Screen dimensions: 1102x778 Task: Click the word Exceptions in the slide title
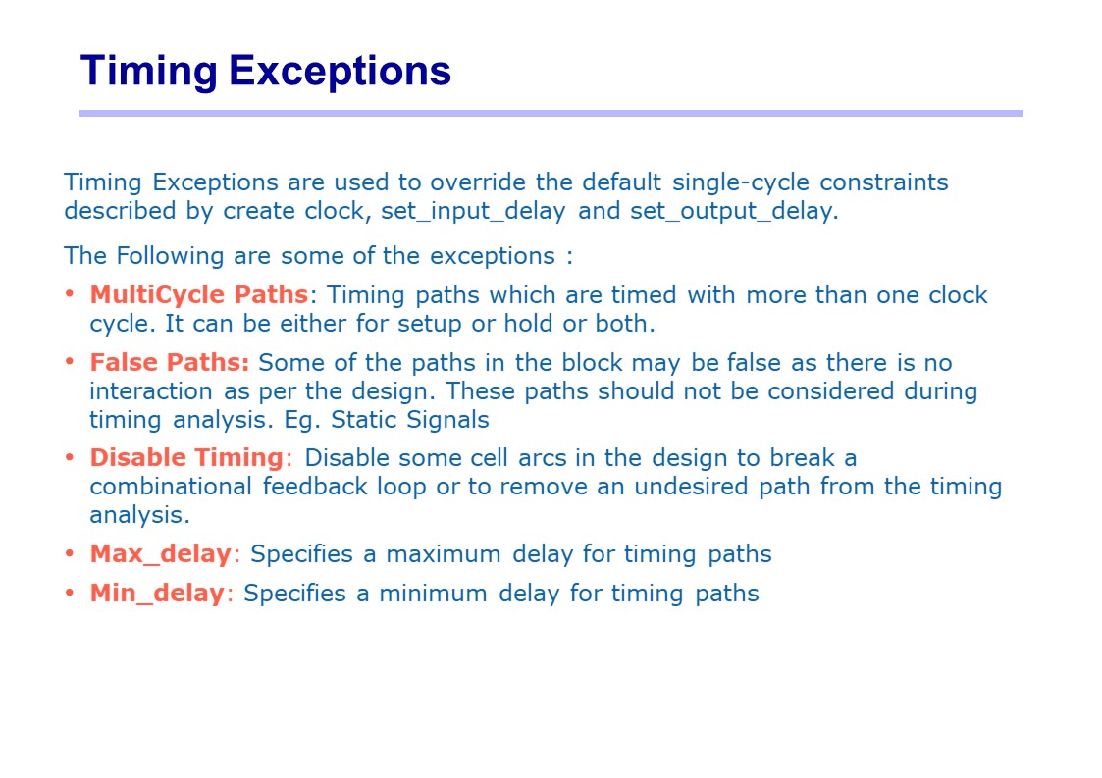click(x=340, y=71)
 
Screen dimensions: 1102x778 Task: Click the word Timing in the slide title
click(x=149, y=71)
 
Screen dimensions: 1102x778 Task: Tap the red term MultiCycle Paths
click(x=199, y=294)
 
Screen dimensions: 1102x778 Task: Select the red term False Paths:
click(x=170, y=362)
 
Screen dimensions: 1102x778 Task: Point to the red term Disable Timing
click(x=186, y=457)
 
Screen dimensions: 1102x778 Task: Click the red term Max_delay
click(x=160, y=553)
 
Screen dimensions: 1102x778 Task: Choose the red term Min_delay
click(x=157, y=593)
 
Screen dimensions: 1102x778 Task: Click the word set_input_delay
click(x=473, y=211)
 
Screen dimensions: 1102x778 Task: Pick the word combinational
click(x=171, y=487)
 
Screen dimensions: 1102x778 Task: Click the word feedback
click(x=315, y=487)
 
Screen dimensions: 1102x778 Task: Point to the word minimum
click(x=433, y=593)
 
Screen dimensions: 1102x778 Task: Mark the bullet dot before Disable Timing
click(x=69, y=457)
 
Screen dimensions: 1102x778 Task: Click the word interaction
click(x=150, y=390)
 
